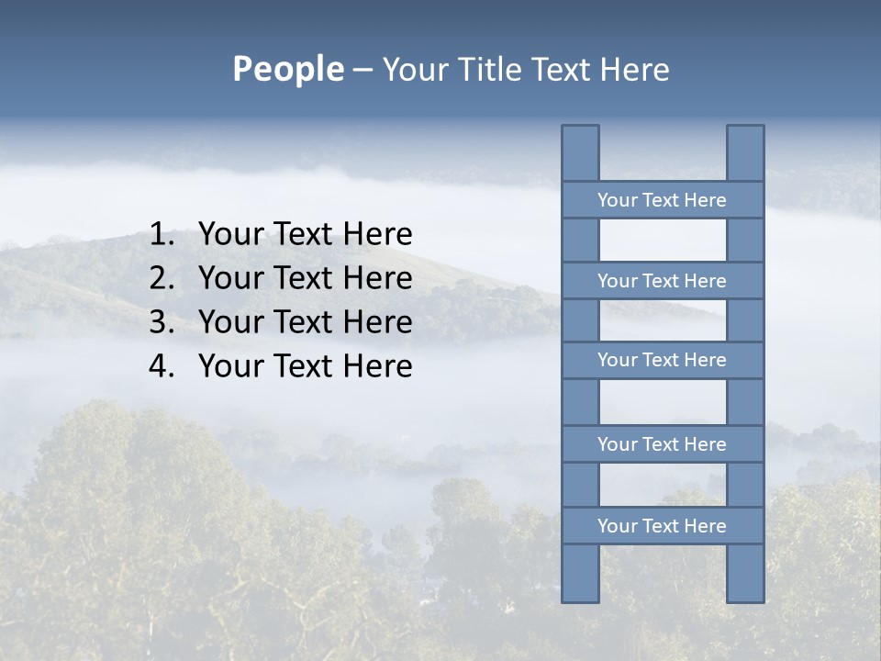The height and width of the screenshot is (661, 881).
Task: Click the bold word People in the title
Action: [287, 69]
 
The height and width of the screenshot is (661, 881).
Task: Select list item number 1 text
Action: [305, 235]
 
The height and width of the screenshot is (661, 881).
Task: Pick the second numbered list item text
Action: [305, 278]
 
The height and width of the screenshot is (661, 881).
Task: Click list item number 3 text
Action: [305, 322]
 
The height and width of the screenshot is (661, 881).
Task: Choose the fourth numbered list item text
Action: [305, 366]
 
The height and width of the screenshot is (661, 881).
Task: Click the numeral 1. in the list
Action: [162, 235]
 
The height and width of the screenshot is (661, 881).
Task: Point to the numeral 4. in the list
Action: [162, 366]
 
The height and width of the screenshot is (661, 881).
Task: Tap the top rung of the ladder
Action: [662, 200]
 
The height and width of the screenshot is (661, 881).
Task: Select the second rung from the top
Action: [662, 281]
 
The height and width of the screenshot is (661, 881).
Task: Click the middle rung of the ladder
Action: [662, 360]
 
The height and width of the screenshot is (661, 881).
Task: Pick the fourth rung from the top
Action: [662, 444]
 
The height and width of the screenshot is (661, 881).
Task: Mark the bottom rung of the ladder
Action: [662, 526]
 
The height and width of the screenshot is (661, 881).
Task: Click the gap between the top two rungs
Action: [663, 241]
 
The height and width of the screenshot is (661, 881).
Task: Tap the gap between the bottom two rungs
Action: [663, 485]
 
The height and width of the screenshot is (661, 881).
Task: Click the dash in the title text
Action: [362, 70]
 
